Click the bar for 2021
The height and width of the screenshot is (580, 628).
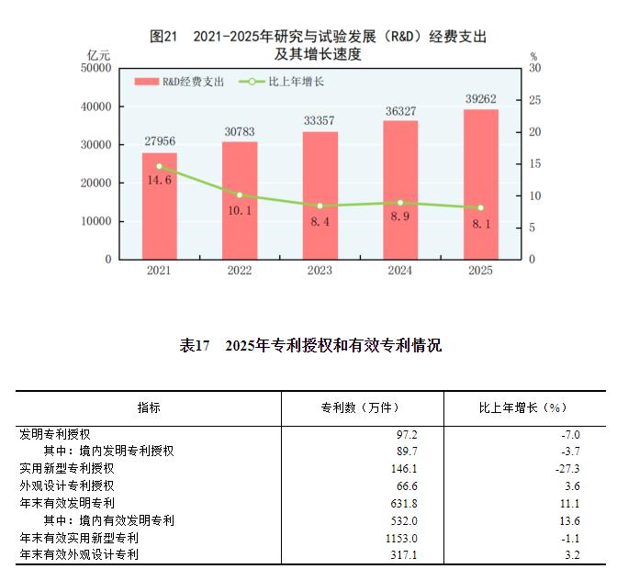(159, 206)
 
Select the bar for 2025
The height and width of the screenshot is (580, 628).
(480, 184)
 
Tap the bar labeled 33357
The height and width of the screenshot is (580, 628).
(320, 195)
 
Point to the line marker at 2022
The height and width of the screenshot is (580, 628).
(240, 195)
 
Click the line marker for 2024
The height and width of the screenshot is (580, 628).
(400, 202)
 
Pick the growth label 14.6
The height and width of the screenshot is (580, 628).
(159, 181)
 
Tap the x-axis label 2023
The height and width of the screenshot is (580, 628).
(320, 271)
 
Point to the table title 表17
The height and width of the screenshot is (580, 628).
(196, 346)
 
